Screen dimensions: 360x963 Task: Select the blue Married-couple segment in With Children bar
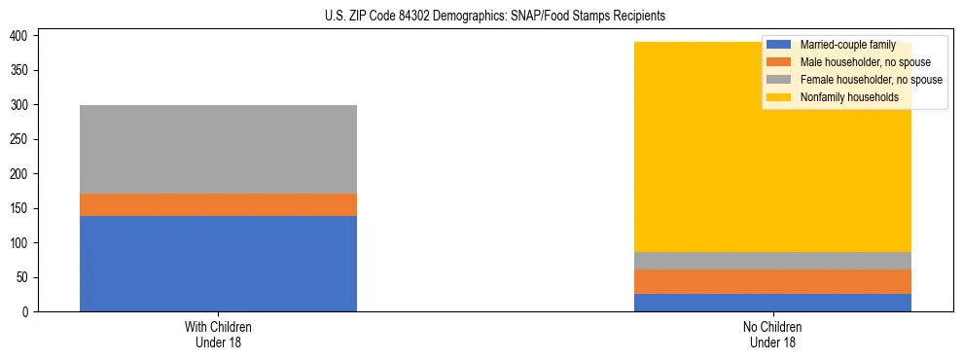(218, 263)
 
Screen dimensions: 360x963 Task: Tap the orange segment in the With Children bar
(218, 204)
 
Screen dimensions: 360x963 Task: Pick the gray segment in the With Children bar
(218, 149)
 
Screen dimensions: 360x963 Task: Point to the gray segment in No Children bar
(772, 261)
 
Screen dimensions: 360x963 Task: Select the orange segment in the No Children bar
(772, 281)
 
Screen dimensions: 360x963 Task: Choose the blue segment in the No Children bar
(772, 303)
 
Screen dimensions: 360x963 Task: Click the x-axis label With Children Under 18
(218, 334)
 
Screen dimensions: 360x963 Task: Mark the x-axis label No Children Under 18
(772, 334)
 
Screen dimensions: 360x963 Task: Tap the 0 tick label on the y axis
(29, 312)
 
